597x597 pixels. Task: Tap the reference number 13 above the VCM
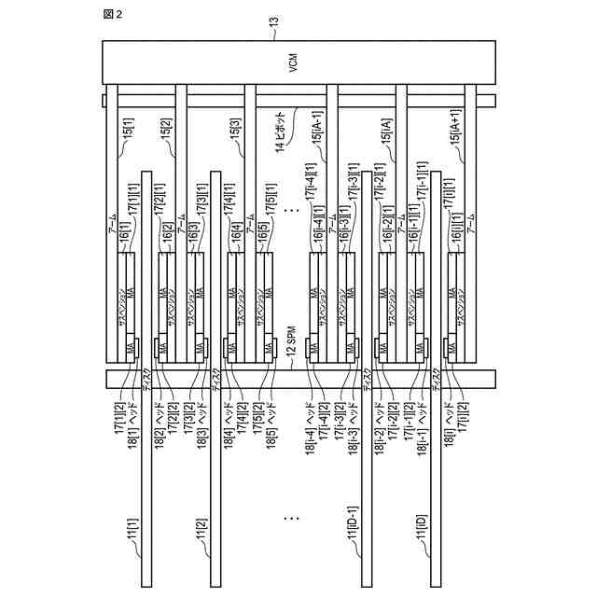point(274,33)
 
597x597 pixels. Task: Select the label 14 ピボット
point(280,136)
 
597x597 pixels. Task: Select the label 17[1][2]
point(118,415)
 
